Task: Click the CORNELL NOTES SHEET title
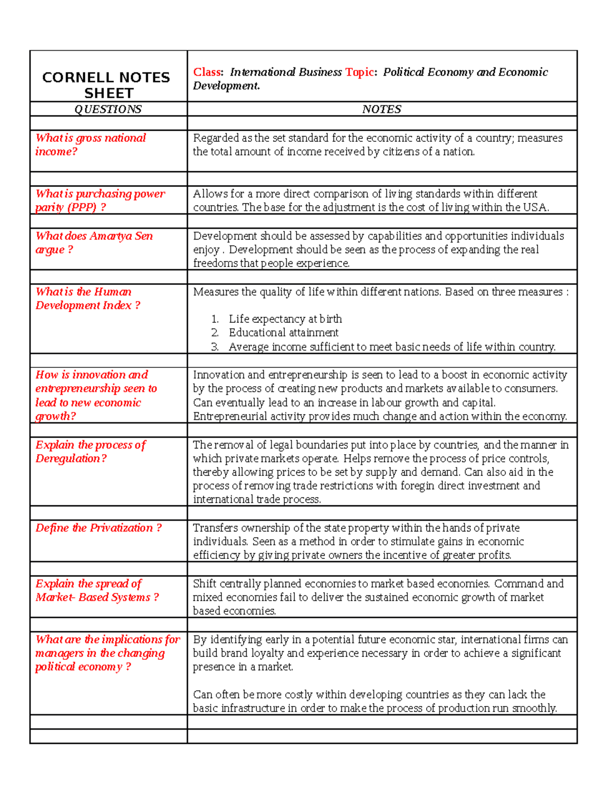106,85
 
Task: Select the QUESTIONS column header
108,109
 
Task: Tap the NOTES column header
382,109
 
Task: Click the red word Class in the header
207,72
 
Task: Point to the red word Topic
359,72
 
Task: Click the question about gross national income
90,145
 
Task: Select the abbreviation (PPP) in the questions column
81,208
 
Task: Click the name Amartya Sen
121,236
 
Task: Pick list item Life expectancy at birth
285,319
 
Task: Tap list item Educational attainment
283,333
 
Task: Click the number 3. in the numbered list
215,347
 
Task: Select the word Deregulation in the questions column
68,459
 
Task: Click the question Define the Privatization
98,528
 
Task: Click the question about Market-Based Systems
96,591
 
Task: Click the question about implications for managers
107,653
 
